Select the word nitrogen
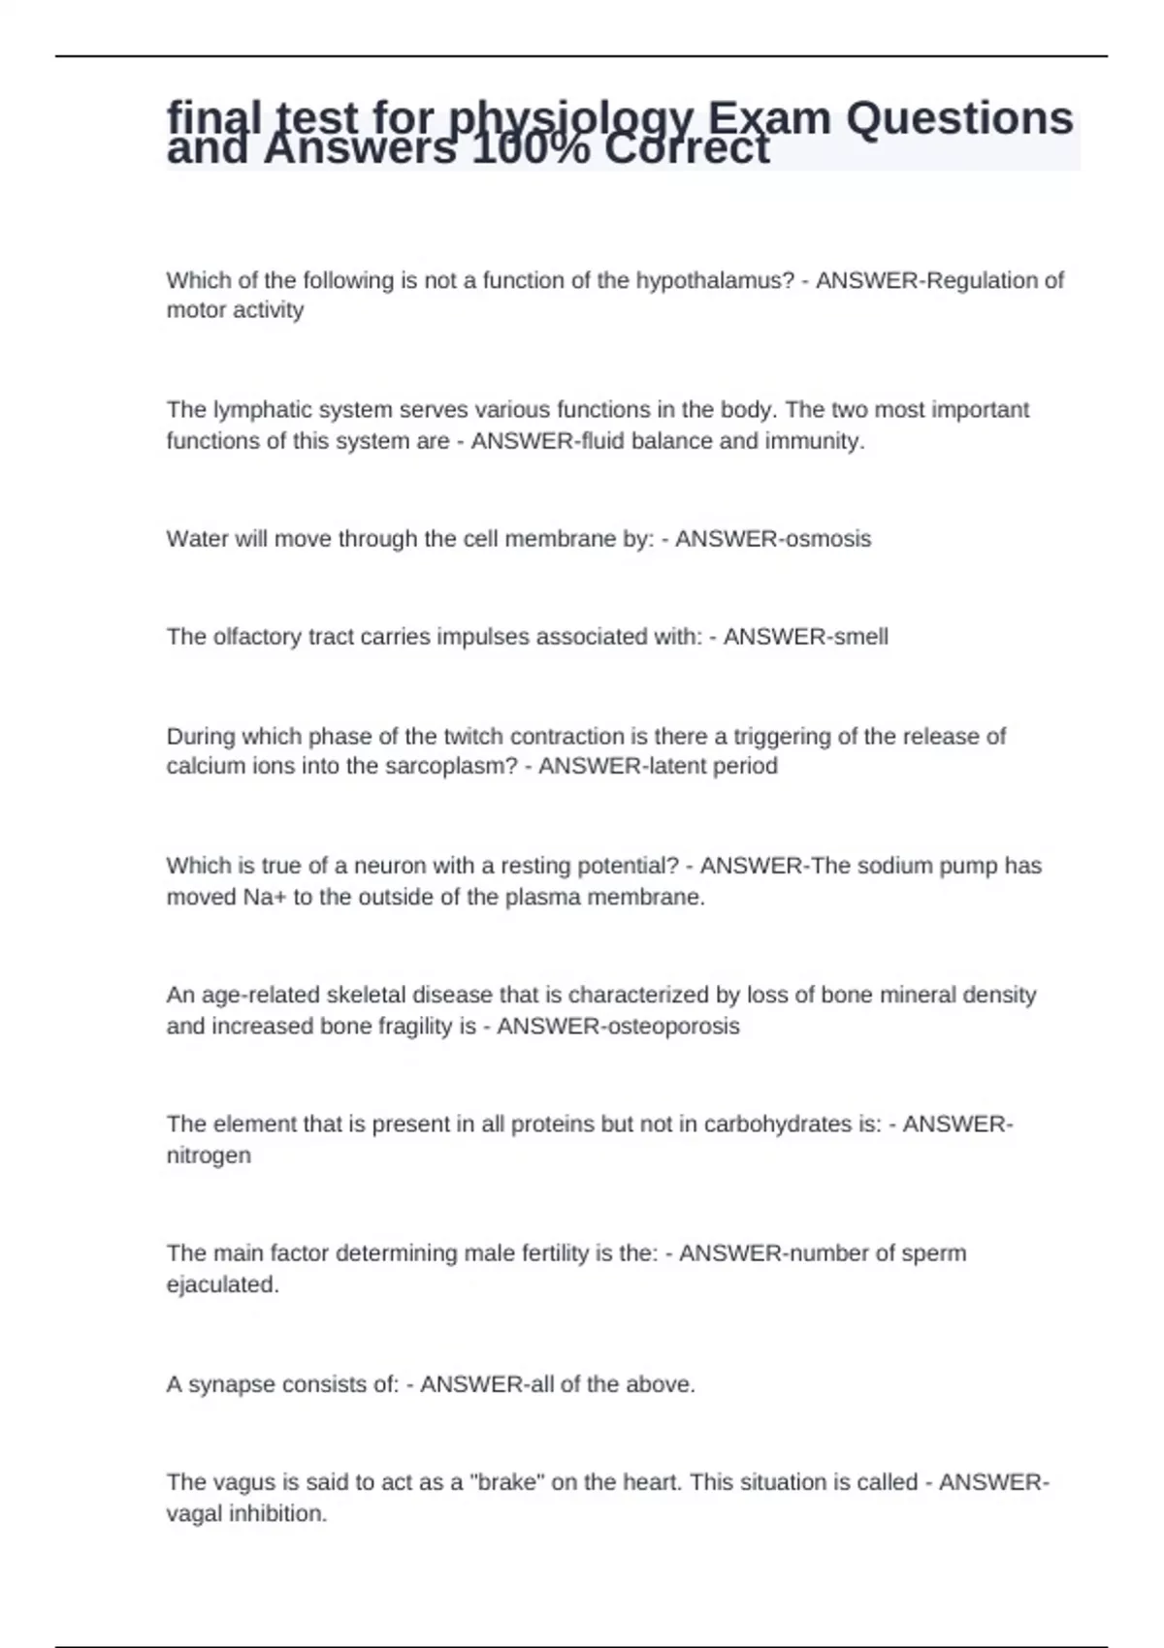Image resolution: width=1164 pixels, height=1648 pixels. point(209,1156)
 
